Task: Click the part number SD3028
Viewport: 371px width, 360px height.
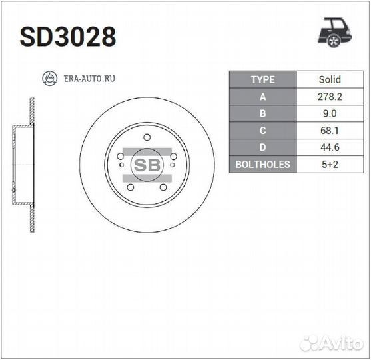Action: (68, 37)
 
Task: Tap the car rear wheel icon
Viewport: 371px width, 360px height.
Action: (334, 33)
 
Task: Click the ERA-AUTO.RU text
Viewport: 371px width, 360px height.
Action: (89, 79)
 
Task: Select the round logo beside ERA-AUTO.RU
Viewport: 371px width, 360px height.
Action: (50, 78)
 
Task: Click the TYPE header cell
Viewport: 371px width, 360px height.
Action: (263, 79)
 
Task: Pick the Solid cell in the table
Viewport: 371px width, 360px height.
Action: (330, 79)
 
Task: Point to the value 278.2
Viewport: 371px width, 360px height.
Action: (330, 97)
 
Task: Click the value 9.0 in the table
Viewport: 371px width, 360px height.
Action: (330, 113)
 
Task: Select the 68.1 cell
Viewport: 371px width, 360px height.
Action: (330, 131)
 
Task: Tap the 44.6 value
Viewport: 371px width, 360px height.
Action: (330, 147)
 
